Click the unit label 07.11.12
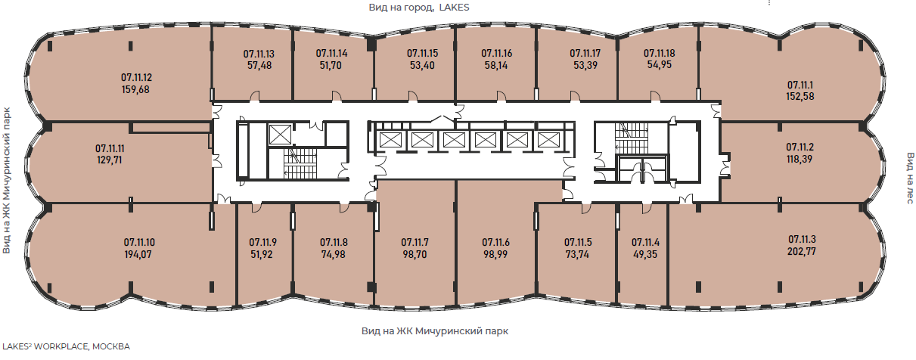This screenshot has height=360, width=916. tap(137, 77)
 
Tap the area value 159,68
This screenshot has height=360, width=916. tap(135, 89)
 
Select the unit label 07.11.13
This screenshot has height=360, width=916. tap(259, 54)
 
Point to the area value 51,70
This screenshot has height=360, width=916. tap(331, 65)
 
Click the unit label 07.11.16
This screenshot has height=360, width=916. tap(496, 53)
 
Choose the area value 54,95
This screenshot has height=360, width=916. tap(659, 64)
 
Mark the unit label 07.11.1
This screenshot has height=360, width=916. tap(800, 85)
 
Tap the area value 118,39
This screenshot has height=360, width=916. tap(800, 159)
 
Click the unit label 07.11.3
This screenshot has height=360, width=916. tap(802, 239)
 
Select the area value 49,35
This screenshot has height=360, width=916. tap(645, 254)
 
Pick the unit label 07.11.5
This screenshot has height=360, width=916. tap(578, 242)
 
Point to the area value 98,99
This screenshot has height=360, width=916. tap(495, 254)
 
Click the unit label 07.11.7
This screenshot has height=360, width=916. tap(415, 242)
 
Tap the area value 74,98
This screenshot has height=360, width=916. tap(334, 254)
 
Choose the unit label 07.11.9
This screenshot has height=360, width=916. tap(263, 242)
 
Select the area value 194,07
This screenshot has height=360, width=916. tap(138, 254)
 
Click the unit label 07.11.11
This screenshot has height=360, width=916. tap(110, 148)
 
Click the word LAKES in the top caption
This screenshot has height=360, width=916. tap(454, 8)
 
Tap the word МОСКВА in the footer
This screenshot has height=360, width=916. tap(111, 346)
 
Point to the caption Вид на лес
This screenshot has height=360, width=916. tap(910, 178)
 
